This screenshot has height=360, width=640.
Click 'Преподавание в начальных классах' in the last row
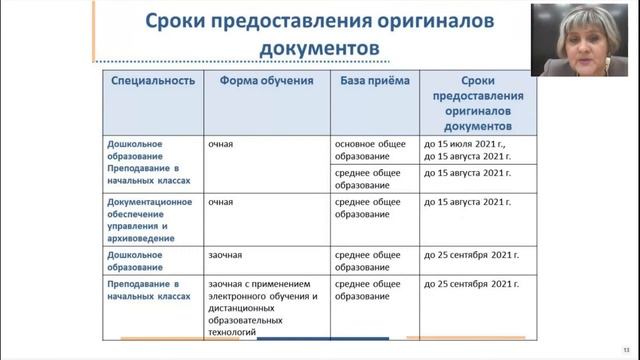click(x=151, y=290)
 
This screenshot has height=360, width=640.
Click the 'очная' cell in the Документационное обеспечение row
click(x=221, y=202)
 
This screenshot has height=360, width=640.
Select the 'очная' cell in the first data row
click(x=221, y=144)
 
